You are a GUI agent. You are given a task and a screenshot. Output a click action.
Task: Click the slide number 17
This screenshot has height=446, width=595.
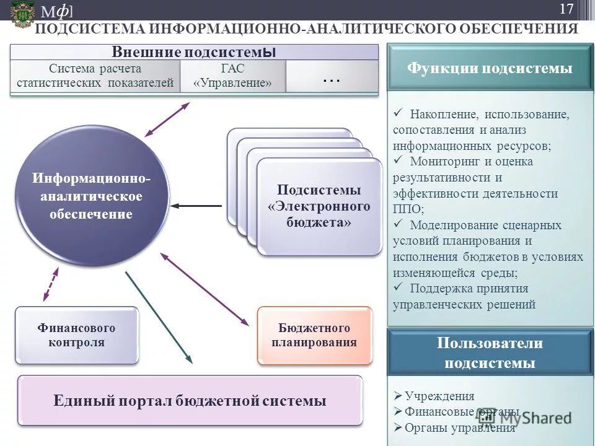click(x=566, y=9)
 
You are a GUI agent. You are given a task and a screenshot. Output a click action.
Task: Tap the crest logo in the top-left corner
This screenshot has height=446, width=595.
click(x=22, y=13)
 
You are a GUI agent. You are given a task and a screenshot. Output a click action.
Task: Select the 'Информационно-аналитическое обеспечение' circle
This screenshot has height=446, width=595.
click(x=92, y=196)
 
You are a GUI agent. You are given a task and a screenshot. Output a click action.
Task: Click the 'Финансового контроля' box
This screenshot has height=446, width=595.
click(x=76, y=334)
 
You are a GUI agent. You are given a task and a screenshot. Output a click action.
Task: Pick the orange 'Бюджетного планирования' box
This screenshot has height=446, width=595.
click(x=315, y=334)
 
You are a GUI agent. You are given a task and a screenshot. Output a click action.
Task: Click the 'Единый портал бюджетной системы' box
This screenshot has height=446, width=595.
click(x=190, y=400)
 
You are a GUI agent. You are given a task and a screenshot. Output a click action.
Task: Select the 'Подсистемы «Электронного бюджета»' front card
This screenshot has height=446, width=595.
click(x=319, y=206)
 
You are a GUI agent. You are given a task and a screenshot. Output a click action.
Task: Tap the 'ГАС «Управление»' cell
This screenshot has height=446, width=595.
click(x=232, y=76)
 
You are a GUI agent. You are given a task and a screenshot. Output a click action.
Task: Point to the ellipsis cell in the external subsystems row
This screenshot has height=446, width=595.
click(x=332, y=77)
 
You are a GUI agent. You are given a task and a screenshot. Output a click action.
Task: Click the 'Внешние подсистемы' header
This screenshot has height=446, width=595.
click(x=193, y=52)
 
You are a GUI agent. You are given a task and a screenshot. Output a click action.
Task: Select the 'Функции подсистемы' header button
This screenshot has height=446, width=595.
click(x=490, y=68)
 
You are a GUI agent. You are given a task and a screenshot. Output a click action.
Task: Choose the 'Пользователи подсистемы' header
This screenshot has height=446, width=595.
click(x=490, y=352)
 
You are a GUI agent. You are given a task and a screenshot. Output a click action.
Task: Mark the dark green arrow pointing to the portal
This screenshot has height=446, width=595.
click(x=159, y=317)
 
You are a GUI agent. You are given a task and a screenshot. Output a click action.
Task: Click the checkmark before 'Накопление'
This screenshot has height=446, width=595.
click(x=398, y=113)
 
